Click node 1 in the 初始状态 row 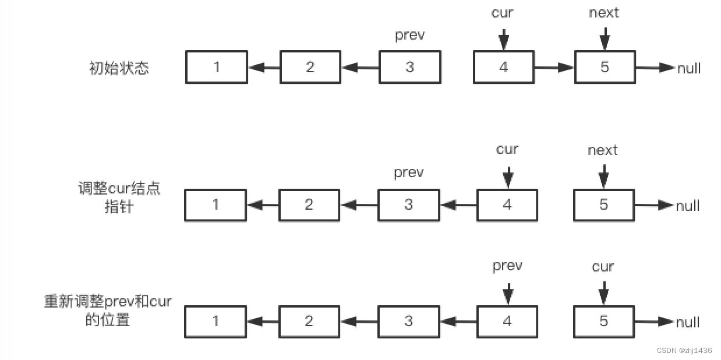pyautogui.click(x=217, y=67)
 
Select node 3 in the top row pyautogui.click(x=410, y=67)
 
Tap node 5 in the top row pyautogui.click(x=605, y=67)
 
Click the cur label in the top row pyautogui.click(x=502, y=13)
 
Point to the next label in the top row pyautogui.click(x=604, y=13)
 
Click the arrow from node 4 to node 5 pyautogui.click(x=554, y=68)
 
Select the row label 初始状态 pyautogui.click(x=119, y=68)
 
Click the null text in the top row pyautogui.click(x=688, y=68)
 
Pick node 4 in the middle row pyautogui.click(x=507, y=205)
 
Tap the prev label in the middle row pyautogui.click(x=409, y=172)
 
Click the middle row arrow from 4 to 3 pyautogui.click(x=459, y=205)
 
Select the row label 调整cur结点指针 pyautogui.click(x=119, y=197)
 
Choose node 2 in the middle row pyautogui.click(x=309, y=205)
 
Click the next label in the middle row pyautogui.click(x=603, y=150)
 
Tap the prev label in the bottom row pyautogui.click(x=507, y=266)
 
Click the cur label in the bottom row pyautogui.click(x=603, y=267)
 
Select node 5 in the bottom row pyautogui.click(x=603, y=322)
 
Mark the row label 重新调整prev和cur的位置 pyautogui.click(x=108, y=310)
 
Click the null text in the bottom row pyautogui.click(x=688, y=322)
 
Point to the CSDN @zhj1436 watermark pyautogui.click(x=684, y=351)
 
